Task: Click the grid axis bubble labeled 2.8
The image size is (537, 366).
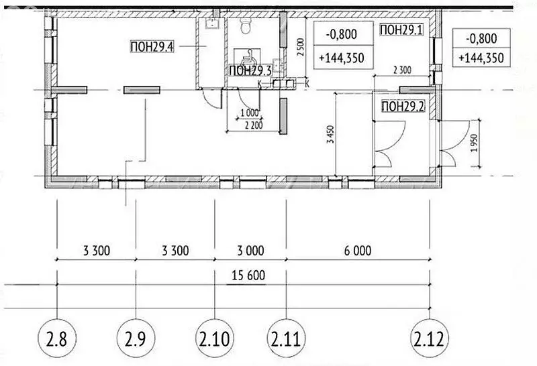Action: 57,339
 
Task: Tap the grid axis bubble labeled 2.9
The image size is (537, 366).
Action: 136,339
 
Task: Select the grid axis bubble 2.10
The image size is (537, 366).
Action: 215,339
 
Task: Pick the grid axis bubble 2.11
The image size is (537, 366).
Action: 286,339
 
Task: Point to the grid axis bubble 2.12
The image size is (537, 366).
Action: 430,339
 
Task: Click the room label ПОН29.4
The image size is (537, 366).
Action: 152,46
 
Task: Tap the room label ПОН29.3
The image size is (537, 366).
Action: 250,71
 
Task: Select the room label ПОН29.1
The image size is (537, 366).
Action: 401,29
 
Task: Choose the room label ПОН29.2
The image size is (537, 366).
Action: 403,107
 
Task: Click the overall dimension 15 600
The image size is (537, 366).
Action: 248,275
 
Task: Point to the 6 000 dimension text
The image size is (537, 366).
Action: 358,251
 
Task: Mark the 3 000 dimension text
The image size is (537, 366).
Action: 250,251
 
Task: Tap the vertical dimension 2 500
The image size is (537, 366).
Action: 300,48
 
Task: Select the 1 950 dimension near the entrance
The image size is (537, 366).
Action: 474,143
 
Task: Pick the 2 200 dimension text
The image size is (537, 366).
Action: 254,125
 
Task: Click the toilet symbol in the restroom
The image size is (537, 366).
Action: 246,25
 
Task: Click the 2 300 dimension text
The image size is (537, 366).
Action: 402,70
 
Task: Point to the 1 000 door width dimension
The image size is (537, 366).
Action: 249,113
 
